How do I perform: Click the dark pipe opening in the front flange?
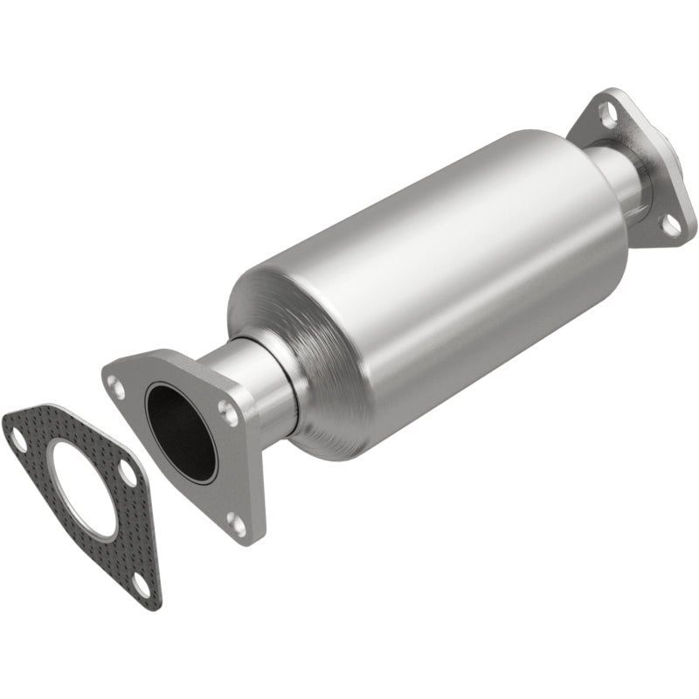click(180, 432)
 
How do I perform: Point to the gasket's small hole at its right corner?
click(128, 474)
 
